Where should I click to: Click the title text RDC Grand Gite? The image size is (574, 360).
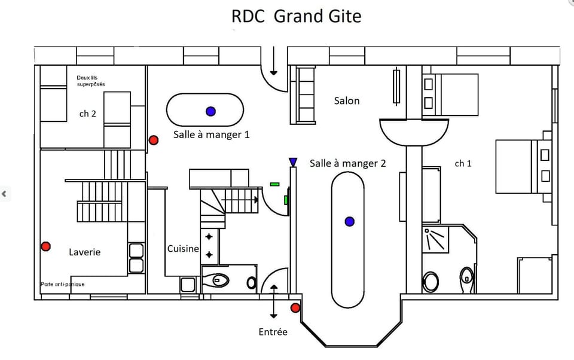point(296,16)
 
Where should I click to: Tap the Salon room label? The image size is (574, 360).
point(347,100)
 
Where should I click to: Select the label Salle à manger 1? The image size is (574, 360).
point(211,135)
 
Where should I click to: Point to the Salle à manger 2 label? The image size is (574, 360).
point(348,163)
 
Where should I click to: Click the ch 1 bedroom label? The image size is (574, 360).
point(463,163)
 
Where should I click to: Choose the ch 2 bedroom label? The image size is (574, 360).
point(87,113)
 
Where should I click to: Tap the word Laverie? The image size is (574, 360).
point(84,252)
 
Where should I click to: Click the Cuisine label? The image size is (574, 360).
point(183,248)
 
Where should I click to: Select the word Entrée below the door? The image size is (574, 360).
point(273,331)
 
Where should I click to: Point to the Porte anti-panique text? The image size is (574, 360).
point(62,284)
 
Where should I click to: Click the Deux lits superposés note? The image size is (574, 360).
point(91,81)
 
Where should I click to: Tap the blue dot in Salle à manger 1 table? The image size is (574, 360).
point(210,111)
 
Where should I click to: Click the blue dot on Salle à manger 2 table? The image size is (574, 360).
point(350,222)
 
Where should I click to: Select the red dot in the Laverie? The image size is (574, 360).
point(45,246)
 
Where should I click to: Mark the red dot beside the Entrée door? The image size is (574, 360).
point(295,308)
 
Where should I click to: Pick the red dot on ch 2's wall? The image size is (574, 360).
point(154,140)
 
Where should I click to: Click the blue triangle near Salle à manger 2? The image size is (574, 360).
point(293,162)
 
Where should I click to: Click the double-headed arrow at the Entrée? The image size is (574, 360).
point(274,302)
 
